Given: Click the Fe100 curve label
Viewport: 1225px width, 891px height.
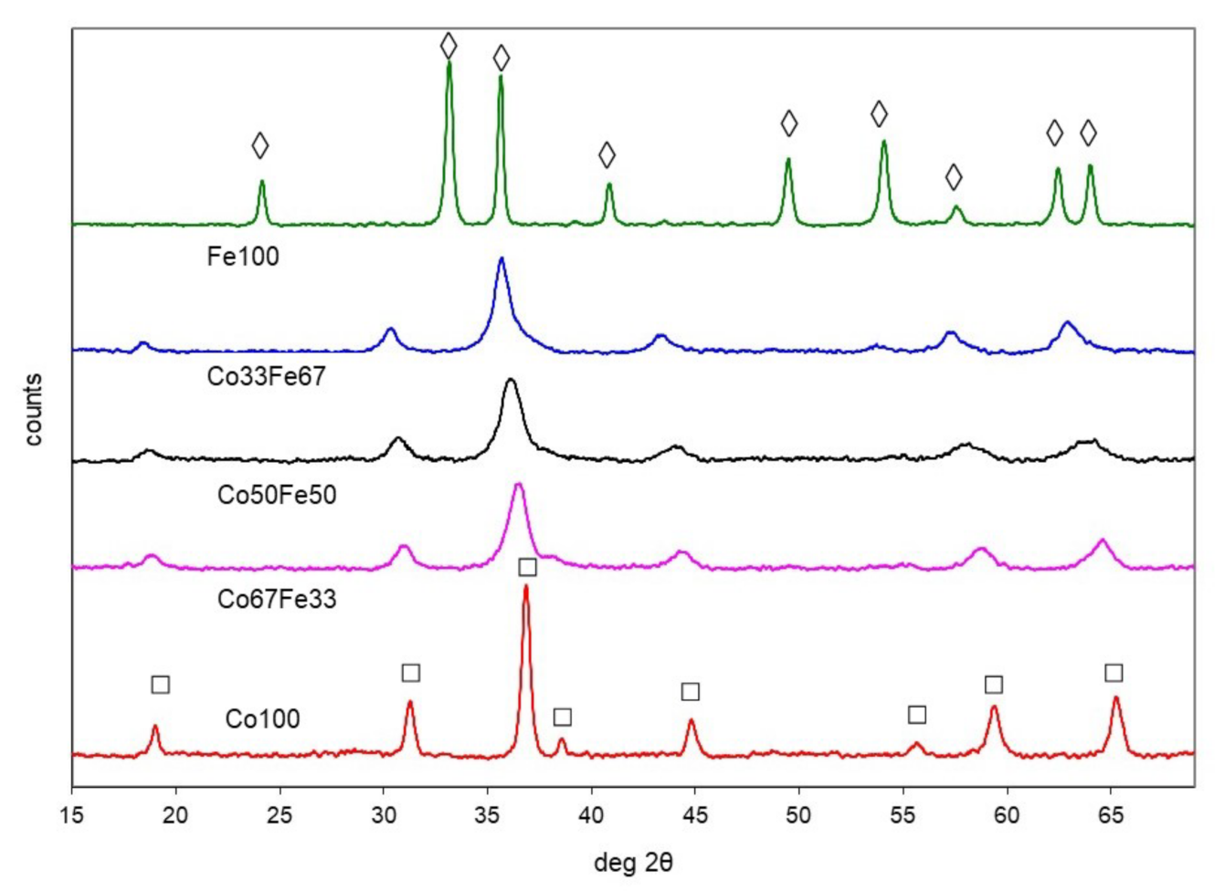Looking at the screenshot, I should coord(243,257).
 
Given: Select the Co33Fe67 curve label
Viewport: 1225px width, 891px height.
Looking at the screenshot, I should coord(266,376).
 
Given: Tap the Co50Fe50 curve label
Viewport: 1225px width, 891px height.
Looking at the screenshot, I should coord(277,495).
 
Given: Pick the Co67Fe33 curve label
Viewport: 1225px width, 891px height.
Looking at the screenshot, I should coord(277,599).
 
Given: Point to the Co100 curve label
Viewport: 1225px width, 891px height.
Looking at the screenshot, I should coord(262,719).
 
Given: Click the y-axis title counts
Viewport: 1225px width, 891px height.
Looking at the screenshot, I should coord(35,409).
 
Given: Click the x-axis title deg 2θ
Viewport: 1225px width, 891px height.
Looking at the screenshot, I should coord(633,862).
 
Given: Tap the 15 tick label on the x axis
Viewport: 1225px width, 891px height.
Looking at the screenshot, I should coord(72,813).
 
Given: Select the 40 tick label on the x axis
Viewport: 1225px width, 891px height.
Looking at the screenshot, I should coord(592,813).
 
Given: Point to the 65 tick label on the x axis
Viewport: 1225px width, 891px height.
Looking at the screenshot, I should coord(1111,813).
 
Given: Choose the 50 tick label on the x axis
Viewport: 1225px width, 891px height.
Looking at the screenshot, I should coord(799,813).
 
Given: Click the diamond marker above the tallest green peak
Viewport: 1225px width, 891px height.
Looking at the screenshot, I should coord(449,45).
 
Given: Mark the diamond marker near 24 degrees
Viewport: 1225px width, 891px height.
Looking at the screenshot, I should coord(260,145).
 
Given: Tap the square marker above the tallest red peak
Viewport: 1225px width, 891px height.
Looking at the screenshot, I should coord(527,568).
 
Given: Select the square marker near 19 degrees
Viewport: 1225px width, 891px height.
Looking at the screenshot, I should coord(160,685).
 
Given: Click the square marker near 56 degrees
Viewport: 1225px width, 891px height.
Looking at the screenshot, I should coord(917,714).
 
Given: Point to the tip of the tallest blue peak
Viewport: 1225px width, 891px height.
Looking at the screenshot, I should coord(501,258).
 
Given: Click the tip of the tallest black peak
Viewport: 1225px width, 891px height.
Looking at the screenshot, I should coord(511,379).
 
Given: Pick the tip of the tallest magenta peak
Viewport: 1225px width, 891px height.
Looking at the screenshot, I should coord(518,484).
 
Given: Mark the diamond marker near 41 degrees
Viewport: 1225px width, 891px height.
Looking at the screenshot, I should coord(607,154).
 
